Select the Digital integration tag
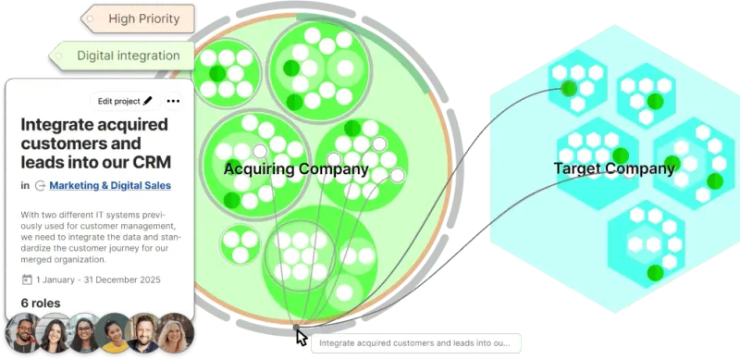[x=128, y=56]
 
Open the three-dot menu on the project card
[x=173, y=101]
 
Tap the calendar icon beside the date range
[x=27, y=279]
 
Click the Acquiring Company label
[x=296, y=169]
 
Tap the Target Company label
[x=614, y=168]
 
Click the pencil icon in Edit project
[x=148, y=101]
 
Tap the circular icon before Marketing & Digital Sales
[x=40, y=185]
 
